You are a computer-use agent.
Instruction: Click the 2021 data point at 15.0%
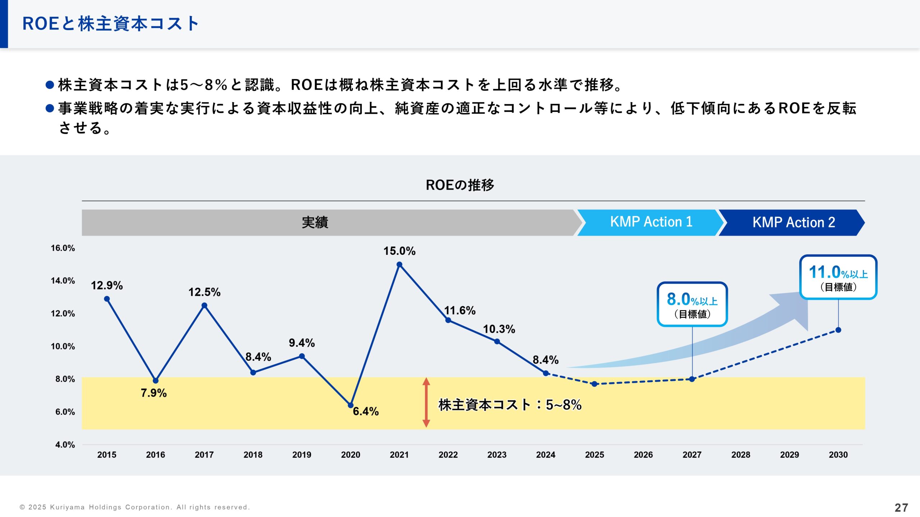(x=399, y=265)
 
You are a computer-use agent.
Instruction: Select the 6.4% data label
(x=365, y=411)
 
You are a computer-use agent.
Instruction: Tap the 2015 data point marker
(x=107, y=299)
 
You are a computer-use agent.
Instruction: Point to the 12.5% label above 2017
(x=204, y=292)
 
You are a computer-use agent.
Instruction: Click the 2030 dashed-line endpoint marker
(x=838, y=330)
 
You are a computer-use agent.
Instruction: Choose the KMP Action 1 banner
(x=651, y=222)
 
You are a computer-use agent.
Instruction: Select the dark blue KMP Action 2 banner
(x=793, y=223)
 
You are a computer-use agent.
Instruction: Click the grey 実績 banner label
(x=315, y=223)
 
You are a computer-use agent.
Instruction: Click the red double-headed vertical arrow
(x=426, y=402)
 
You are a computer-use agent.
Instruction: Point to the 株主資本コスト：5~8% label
(x=510, y=405)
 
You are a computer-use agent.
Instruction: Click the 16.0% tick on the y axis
(x=63, y=248)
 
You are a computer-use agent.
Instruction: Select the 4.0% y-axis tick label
(x=65, y=445)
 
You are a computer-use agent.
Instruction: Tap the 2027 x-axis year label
(x=692, y=455)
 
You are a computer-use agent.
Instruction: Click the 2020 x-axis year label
(x=350, y=455)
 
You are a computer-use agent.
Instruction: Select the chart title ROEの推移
(x=460, y=185)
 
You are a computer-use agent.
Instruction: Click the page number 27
(x=901, y=508)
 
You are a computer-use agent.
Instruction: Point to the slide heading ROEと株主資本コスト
(x=110, y=24)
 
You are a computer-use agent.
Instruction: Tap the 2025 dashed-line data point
(x=594, y=384)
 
